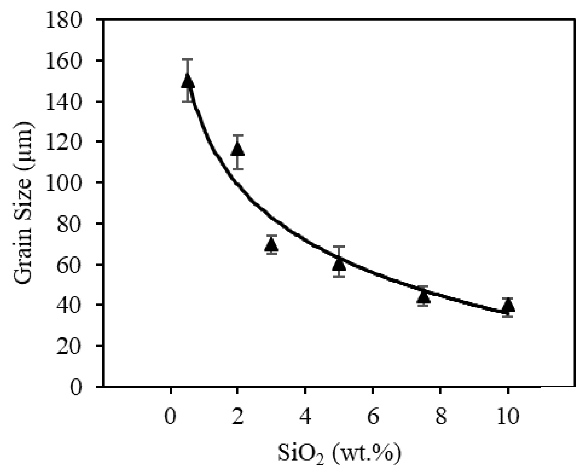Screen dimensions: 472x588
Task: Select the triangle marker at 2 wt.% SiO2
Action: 237,150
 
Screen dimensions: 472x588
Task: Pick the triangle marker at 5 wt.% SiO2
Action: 339,264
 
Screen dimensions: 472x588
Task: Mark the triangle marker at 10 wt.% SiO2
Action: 508,306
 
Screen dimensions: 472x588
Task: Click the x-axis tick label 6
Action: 373,417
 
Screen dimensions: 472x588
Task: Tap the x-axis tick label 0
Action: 170,417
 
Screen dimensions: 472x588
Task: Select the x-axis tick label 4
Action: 305,417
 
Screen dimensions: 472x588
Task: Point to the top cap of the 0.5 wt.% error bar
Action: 188,60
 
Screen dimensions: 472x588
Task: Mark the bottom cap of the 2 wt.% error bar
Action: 237,169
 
